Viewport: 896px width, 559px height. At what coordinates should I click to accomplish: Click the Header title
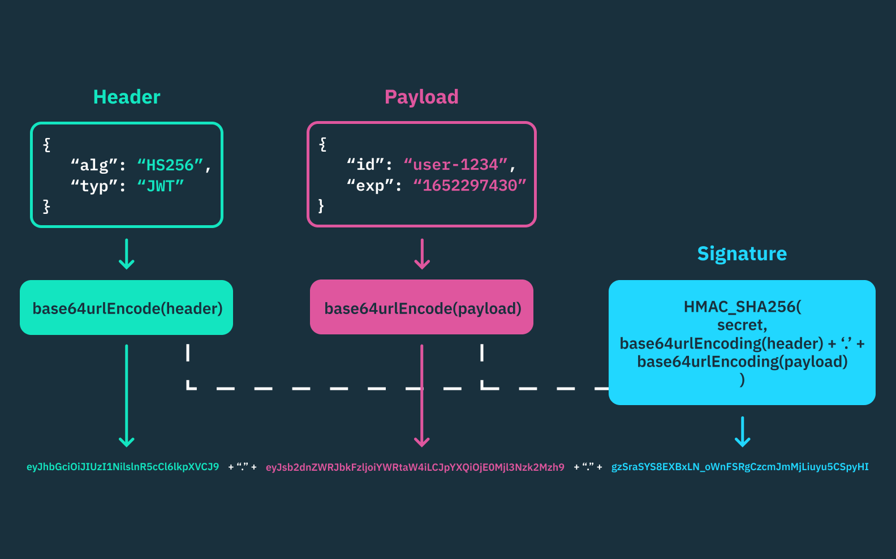click(x=127, y=97)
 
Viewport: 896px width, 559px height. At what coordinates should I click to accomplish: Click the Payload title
click(x=421, y=97)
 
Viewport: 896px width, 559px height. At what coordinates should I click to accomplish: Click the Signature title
click(x=742, y=253)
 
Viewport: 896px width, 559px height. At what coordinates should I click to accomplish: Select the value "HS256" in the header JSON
click(x=170, y=165)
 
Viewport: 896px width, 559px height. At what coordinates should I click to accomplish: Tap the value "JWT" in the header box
click(x=161, y=186)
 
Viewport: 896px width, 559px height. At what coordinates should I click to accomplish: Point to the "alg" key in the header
click(x=94, y=165)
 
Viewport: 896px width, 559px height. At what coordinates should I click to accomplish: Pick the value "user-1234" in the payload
click(x=455, y=165)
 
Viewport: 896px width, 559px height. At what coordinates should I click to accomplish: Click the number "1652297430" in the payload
click(x=469, y=186)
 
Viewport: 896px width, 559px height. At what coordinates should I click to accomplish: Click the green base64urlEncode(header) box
click(x=127, y=308)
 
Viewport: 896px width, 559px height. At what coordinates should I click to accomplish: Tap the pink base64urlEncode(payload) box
click(x=422, y=308)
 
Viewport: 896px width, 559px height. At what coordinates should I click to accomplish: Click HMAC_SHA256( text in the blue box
click(x=742, y=307)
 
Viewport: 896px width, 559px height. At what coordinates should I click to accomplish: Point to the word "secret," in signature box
click(x=742, y=325)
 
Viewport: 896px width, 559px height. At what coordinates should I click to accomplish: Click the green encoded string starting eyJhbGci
click(x=123, y=467)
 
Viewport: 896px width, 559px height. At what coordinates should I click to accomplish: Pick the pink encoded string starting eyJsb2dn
click(x=415, y=467)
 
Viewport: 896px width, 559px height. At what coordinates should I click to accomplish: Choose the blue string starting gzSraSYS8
click(x=740, y=467)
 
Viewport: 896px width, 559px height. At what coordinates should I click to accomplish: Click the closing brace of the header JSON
click(x=46, y=206)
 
